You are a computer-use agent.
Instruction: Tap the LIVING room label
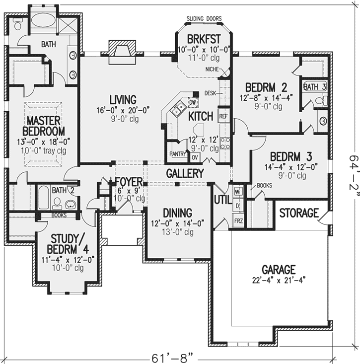point(122,100)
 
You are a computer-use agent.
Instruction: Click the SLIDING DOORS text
point(203,18)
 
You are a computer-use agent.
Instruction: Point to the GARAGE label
point(279,270)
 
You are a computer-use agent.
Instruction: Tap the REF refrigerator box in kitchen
point(223,117)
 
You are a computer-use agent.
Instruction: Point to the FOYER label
point(129,180)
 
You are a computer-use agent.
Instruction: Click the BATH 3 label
point(315,87)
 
